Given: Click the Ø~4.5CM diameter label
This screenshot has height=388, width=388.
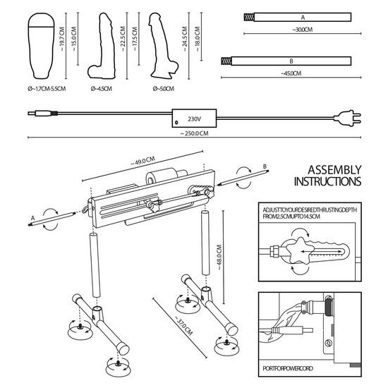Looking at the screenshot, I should coord(104,89).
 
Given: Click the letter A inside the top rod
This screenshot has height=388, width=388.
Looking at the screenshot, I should coord(303,16).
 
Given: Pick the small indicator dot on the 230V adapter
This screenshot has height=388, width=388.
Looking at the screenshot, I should coord(176,123).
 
